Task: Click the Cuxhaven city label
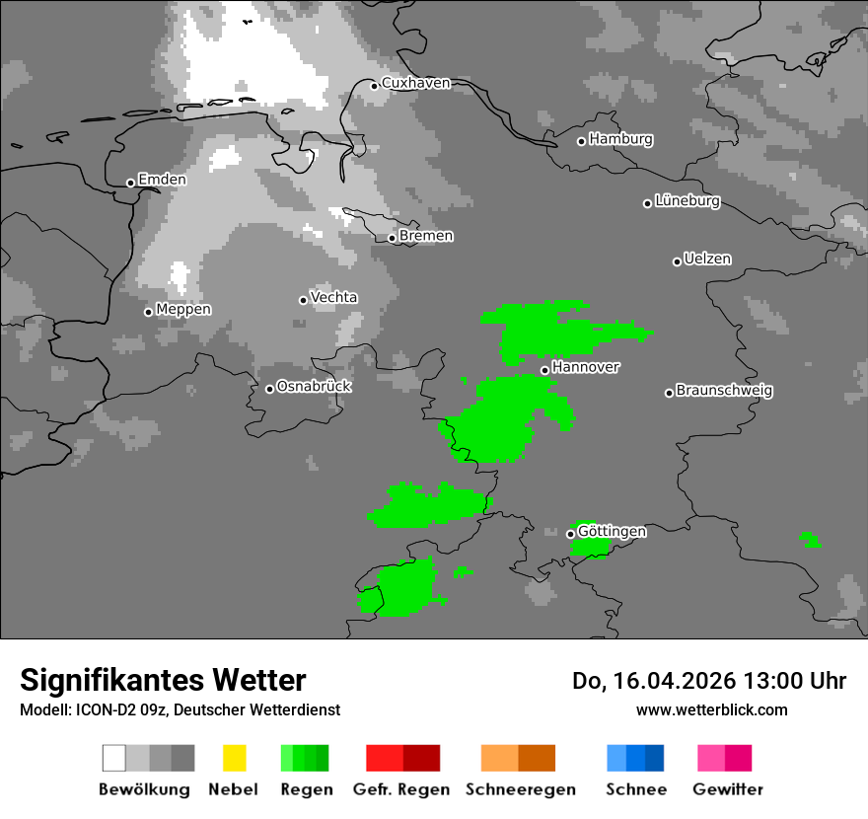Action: pos(415,83)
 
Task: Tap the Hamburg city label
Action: pos(620,139)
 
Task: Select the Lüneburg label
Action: pos(687,201)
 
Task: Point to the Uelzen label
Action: pos(707,260)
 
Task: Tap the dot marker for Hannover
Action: pos(544,370)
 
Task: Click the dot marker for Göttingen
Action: pos(570,534)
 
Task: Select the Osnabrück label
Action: pos(314,387)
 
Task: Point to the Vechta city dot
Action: pos(303,300)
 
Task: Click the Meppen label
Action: pos(183,310)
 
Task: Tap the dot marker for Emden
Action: pos(130,183)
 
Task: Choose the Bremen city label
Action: pos(426,236)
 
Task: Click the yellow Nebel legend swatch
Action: pos(234,758)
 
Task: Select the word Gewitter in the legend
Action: pos(728,789)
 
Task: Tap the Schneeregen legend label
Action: pos(520,789)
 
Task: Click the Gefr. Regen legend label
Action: pos(400,789)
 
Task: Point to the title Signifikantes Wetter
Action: pos(163,680)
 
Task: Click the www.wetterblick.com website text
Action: pos(712,709)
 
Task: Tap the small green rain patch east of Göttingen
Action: pos(811,541)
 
